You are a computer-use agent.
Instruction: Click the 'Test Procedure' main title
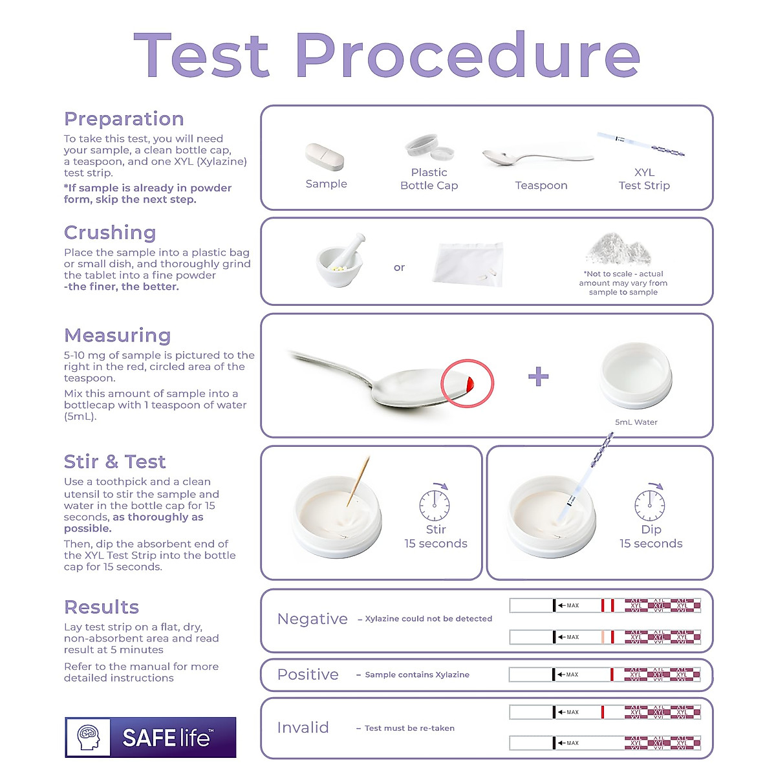tap(387, 56)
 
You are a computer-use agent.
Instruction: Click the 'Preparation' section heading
tap(124, 119)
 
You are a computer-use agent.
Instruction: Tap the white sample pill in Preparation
tap(325, 157)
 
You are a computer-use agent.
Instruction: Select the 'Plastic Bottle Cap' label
tap(429, 179)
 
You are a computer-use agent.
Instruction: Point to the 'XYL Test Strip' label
tap(643, 179)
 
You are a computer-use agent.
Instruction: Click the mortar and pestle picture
tap(339, 259)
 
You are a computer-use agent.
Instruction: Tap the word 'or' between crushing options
tap(399, 268)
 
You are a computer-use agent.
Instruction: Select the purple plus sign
tap(538, 376)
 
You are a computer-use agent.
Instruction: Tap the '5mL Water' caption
tap(636, 422)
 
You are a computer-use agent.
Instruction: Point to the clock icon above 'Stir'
tap(435, 504)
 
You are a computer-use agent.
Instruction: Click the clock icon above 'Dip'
tap(649, 504)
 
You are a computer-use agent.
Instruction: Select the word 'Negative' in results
tap(312, 619)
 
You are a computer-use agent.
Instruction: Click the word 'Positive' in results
tap(308, 674)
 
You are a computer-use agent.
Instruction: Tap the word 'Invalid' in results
tap(303, 727)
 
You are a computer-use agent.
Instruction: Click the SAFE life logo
tap(151, 737)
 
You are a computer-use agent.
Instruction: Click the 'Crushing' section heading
tap(110, 233)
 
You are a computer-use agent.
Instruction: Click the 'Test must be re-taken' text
tap(409, 728)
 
